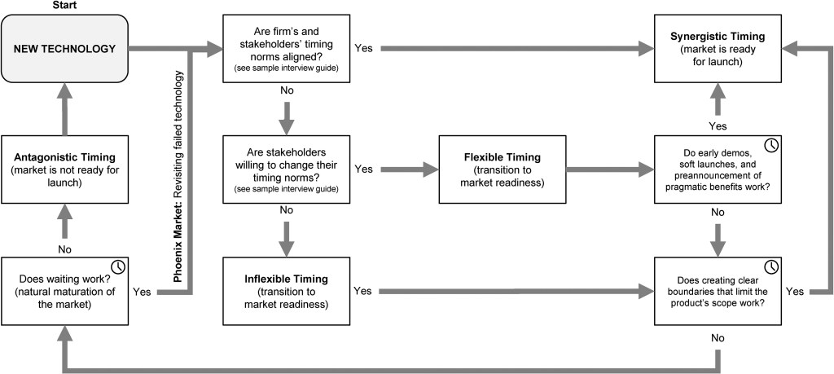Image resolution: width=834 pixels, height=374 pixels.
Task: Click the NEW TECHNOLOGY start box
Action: [65, 49]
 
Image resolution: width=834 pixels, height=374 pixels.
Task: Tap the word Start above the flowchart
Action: [65, 6]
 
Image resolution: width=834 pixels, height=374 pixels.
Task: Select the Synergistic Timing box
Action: [718, 49]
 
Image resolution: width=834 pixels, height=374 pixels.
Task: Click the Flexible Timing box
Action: [502, 169]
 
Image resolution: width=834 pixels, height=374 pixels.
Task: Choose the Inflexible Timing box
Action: [286, 291]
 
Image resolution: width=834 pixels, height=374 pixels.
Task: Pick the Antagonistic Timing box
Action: [65, 169]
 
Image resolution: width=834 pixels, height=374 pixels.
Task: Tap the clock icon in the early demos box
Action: [770, 146]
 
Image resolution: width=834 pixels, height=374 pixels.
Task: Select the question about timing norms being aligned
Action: [286, 49]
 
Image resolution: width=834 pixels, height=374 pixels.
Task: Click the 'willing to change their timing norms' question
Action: [286, 169]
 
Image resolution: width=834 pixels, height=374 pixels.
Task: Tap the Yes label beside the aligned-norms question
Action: [364, 48]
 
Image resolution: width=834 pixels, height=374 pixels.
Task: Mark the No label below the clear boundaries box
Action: [718, 338]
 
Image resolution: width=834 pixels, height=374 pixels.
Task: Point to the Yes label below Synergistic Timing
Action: [718, 126]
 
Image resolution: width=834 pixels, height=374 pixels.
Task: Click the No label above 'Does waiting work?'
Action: [65, 249]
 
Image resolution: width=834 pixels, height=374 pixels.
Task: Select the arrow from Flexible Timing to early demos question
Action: [610, 169]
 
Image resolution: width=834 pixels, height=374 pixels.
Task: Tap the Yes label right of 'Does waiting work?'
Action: [143, 292]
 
